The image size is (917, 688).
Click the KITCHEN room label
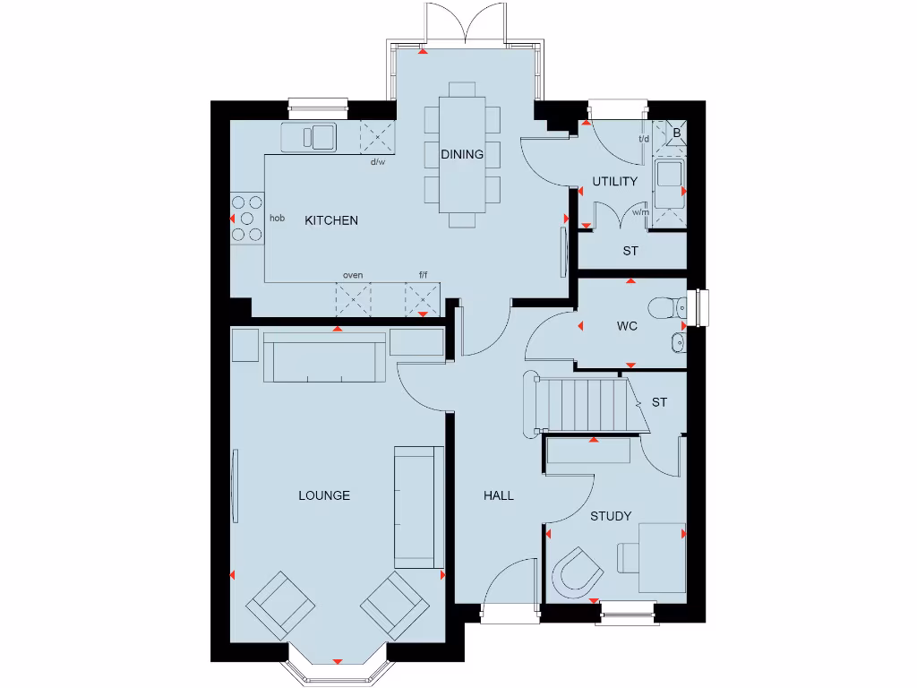click(331, 220)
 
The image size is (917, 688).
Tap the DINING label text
click(462, 154)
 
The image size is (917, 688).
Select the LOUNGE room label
click(324, 495)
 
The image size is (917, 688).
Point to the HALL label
click(499, 495)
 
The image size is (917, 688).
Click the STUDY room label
click(611, 516)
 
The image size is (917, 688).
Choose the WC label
click(627, 326)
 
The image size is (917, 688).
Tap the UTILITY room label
click(615, 182)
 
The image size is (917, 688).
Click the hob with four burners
click(246, 218)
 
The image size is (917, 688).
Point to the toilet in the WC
click(667, 307)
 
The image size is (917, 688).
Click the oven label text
click(353, 275)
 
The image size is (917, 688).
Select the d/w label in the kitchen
click(377, 162)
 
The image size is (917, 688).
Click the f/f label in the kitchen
click(424, 275)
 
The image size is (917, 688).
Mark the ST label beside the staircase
click(659, 402)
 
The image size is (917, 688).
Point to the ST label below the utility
click(630, 252)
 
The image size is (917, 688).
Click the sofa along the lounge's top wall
click(325, 356)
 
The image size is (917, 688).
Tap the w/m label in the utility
click(639, 212)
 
